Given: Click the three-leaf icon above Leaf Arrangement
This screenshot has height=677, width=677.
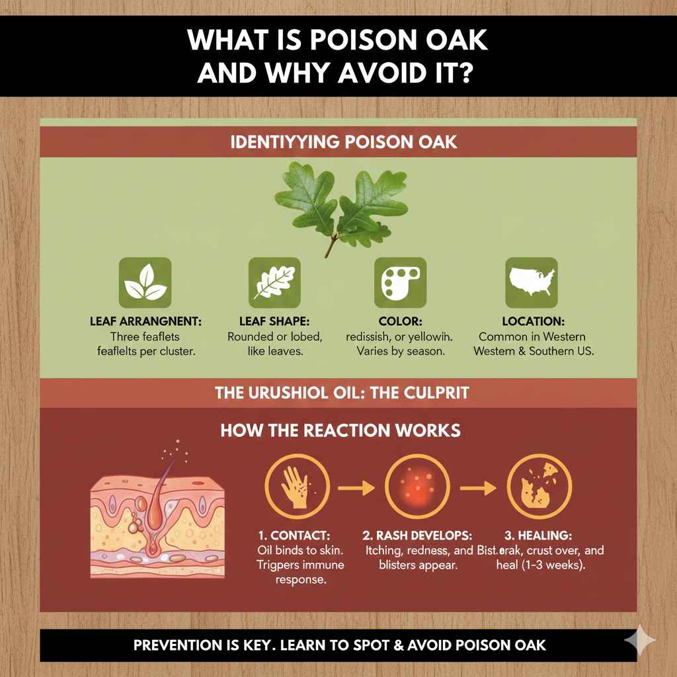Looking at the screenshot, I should pos(144,283).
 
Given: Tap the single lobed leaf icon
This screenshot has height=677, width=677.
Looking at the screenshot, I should pos(274,283).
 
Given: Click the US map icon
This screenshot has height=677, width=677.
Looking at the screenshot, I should pos(532,283).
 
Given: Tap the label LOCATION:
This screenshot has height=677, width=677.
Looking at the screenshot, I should pos(533,321).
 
